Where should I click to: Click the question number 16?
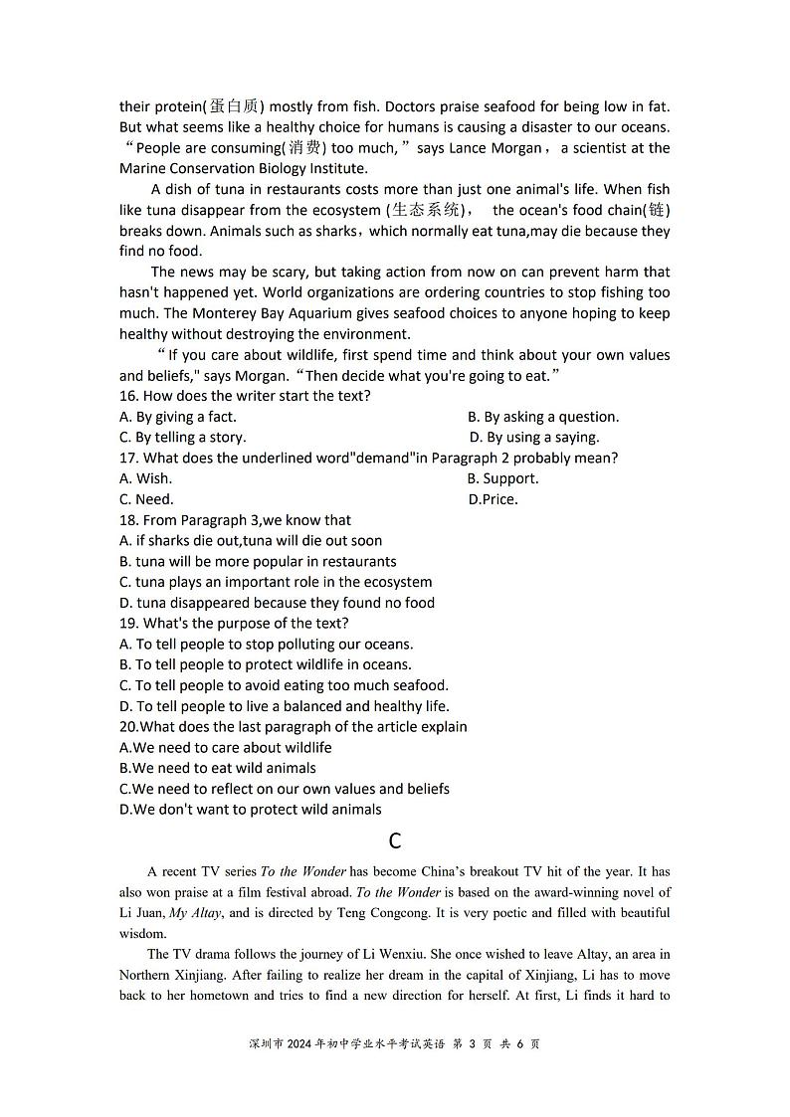(x=129, y=396)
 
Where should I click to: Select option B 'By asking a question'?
(x=543, y=417)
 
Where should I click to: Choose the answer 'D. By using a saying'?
(x=534, y=437)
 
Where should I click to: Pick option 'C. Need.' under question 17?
(x=146, y=499)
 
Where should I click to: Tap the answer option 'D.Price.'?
(x=493, y=499)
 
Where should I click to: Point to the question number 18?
(x=129, y=520)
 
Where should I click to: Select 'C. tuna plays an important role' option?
(x=276, y=582)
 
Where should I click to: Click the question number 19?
(x=129, y=624)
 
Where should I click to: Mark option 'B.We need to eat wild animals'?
(x=218, y=768)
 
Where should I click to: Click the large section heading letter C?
(x=395, y=841)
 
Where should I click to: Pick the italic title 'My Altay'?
(x=195, y=913)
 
